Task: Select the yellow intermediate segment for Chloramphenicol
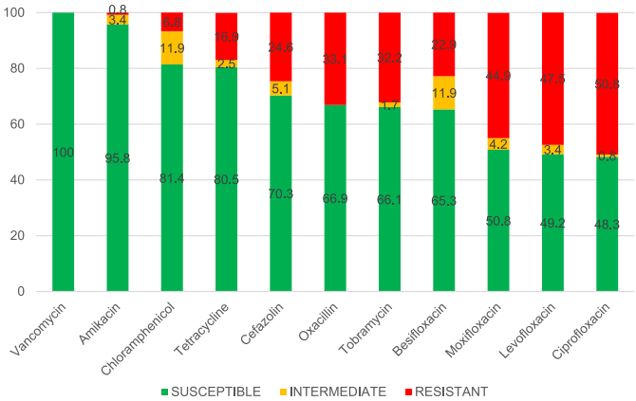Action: (172, 48)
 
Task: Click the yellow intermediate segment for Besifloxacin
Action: (444, 93)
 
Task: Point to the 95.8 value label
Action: (118, 158)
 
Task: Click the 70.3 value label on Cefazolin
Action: (281, 193)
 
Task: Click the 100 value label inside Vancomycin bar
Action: (64, 153)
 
